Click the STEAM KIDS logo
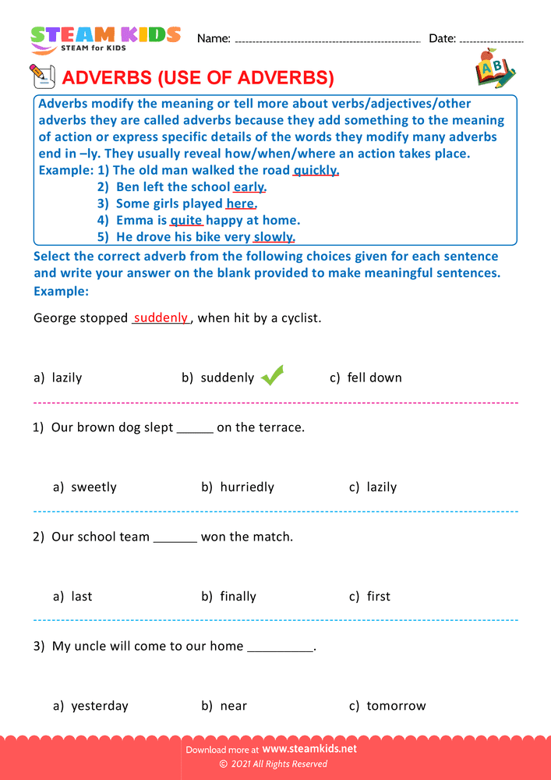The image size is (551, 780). point(105,39)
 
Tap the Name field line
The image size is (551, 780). point(327,40)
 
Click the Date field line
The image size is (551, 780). point(492,40)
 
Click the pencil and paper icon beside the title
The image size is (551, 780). point(42,76)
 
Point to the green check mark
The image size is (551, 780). point(272,376)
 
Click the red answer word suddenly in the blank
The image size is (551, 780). point(161,318)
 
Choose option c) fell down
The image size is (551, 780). point(366,378)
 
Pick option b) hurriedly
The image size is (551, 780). point(238,487)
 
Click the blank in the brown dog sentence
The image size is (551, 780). point(195,428)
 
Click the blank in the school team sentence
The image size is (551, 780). point(175,537)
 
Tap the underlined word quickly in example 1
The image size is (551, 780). point(316,170)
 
